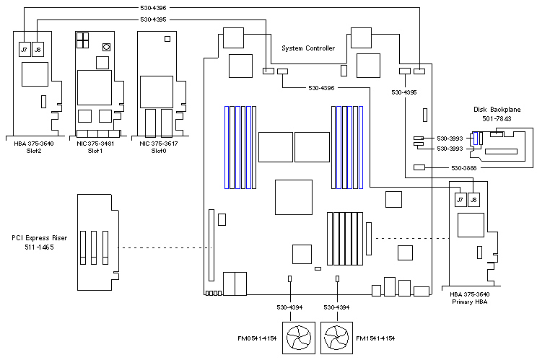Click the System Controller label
point(307,48)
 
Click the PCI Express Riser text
point(36,237)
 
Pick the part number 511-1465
point(36,247)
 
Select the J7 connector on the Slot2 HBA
point(25,50)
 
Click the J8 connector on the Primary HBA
point(473,200)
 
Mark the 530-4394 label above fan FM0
point(289,307)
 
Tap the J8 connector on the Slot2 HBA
point(38,50)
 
